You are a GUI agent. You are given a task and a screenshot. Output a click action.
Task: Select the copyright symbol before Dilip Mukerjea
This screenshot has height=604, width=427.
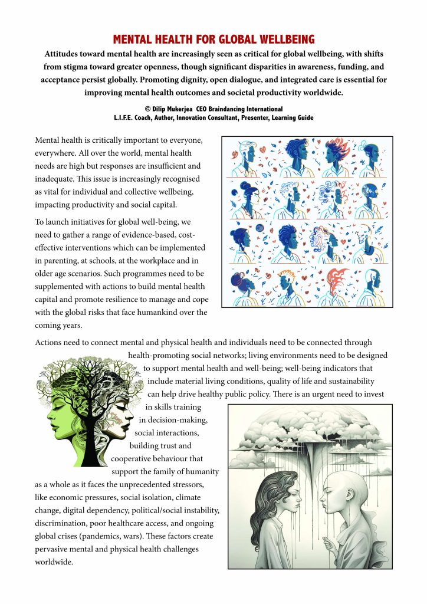tap(147, 109)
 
